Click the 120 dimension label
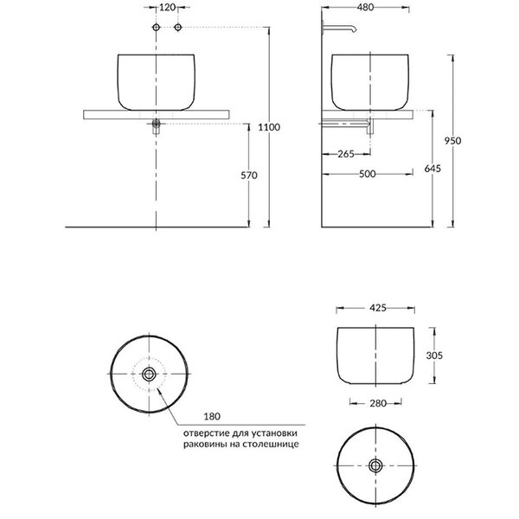167,7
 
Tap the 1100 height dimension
269,127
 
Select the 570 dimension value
248,175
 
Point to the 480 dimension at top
365,7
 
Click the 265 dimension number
346,154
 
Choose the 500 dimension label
368,174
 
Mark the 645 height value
432,169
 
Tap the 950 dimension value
452,141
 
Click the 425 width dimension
378,308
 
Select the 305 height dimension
434,356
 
